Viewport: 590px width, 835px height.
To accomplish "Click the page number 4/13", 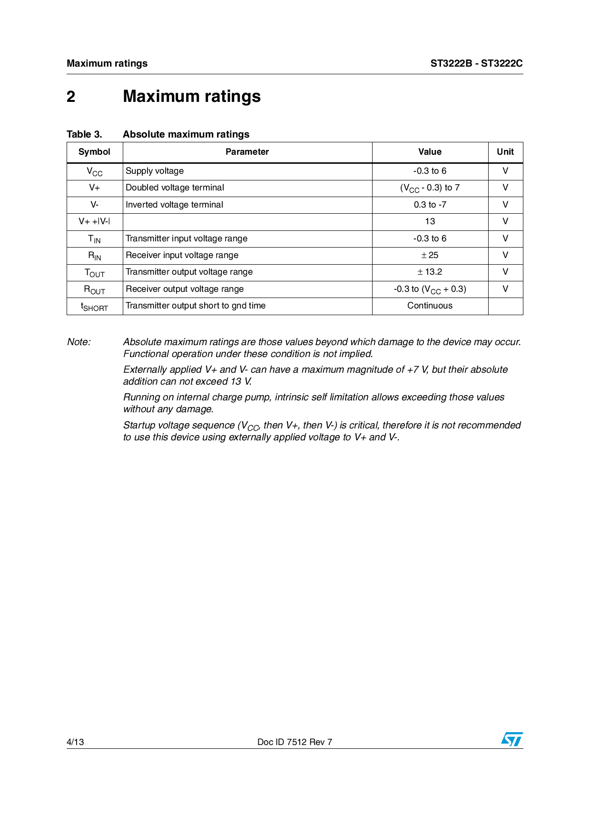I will pos(75,742).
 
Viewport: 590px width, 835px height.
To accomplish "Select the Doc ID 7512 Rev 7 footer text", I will pos(295,742).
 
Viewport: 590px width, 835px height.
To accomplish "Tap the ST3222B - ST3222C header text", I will pos(476,63).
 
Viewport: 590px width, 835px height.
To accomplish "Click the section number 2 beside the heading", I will pos(71,97).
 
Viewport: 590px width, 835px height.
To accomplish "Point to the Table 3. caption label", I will pos(84,134).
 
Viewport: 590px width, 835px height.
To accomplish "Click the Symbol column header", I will pos(94,152).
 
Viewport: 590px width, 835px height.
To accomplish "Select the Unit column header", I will pos(505,152).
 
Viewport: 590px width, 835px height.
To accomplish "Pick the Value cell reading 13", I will pos(430,221).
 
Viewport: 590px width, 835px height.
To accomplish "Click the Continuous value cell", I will pos(430,306).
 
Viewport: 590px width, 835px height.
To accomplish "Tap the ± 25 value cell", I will pos(430,255).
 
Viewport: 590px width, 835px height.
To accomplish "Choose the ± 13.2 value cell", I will pos(430,272).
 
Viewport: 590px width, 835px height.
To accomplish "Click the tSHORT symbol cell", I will pos(94,307).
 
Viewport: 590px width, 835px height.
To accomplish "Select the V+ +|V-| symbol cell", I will pos(94,221).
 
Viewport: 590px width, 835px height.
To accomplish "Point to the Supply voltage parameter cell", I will pos(155,171).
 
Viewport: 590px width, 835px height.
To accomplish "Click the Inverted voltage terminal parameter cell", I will pos(174,205).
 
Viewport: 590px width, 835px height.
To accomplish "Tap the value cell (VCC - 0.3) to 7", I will pos(430,188).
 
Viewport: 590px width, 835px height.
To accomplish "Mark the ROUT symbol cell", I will pos(94,289).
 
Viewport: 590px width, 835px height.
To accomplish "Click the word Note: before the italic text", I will pos(79,342).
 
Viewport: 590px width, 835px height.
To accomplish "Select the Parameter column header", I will pos(247,152).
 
